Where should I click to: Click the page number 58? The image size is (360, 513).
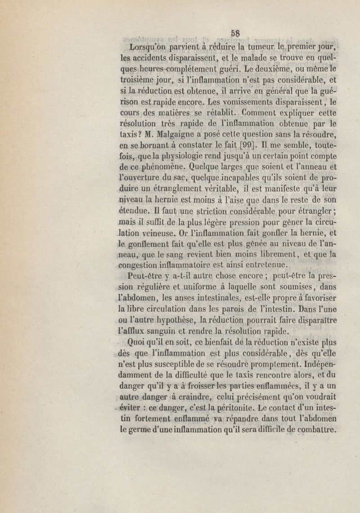(x=234, y=32)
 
